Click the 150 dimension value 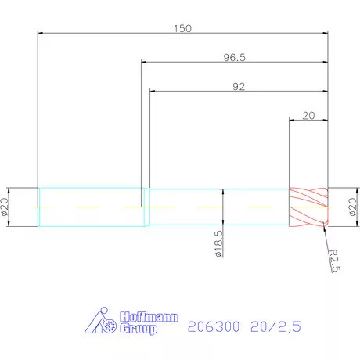click(x=182, y=27)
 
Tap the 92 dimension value click(x=239, y=87)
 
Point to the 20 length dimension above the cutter click(x=308, y=115)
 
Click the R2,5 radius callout click(x=333, y=259)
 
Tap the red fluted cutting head click(x=308, y=208)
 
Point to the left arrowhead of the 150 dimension click(x=42, y=32)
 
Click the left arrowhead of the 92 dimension click(x=153, y=91)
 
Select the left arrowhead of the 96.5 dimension click(x=145, y=62)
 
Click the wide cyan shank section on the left click(x=90, y=208)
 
